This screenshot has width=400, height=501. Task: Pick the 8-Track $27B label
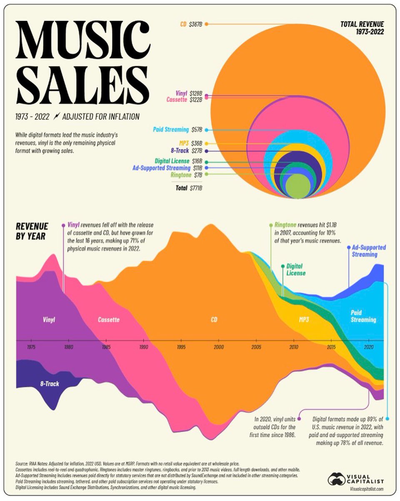click(x=187, y=150)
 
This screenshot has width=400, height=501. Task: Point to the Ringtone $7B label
click(x=187, y=175)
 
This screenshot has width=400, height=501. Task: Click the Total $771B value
click(x=189, y=188)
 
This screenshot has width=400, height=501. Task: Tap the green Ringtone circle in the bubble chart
click(x=297, y=186)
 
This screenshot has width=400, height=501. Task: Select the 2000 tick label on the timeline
click(x=219, y=347)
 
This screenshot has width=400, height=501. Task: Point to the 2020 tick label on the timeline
click(x=369, y=347)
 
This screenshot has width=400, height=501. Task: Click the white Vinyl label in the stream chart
click(x=49, y=320)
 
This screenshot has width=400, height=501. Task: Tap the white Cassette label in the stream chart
click(x=109, y=320)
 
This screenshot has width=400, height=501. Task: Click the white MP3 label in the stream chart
click(x=304, y=320)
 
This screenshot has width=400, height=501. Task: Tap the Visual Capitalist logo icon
click(x=336, y=479)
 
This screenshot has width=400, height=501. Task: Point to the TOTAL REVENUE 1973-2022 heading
click(x=362, y=28)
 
